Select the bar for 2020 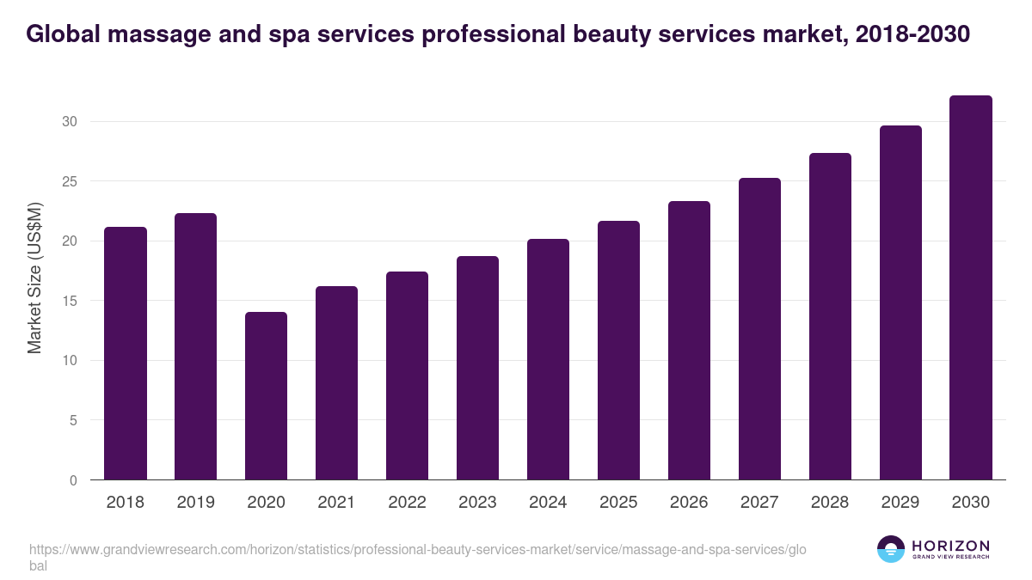(266, 396)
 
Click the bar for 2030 (971, 288)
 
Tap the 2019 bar (195, 346)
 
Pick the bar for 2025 (618, 351)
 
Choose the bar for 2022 (407, 375)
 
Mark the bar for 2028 (830, 316)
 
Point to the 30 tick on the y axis (69, 122)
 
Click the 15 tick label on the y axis (69, 302)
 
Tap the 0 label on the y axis (73, 481)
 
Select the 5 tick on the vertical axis (73, 421)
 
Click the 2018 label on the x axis (125, 503)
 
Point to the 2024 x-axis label (548, 503)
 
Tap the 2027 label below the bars (759, 503)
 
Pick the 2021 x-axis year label (336, 503)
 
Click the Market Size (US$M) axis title (34, 278)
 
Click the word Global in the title (63, 34)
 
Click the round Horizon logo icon (891, 549)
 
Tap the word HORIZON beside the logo (950, 546)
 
